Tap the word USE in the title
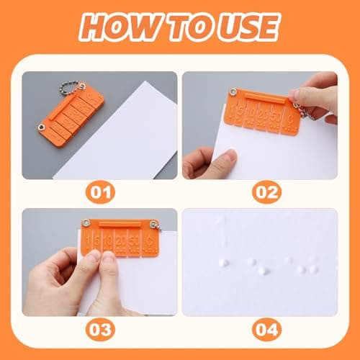tap(241, 27)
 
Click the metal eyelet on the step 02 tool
tap(233, 92)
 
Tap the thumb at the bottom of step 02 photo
tap(216, 162)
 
